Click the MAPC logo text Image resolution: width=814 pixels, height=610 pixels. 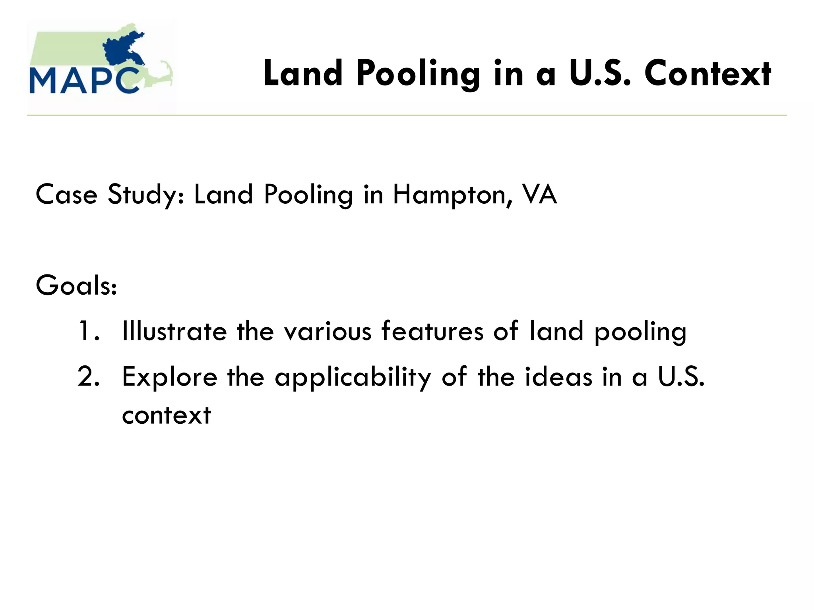click(84, 81)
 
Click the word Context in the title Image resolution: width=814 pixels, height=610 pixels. click(707, 74)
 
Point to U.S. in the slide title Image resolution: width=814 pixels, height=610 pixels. click(600, 74)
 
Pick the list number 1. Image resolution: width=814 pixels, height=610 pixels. click(88, 331)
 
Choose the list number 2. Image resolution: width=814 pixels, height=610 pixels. click(88, 376)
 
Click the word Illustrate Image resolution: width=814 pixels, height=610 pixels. click(174, 331)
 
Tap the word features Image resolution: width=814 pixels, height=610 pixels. click(432, 331)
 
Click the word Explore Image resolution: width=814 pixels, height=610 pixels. click(170, 377)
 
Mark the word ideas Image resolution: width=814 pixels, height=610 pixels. click(558, 376)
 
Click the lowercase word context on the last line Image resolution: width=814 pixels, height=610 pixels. click(167, 415)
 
